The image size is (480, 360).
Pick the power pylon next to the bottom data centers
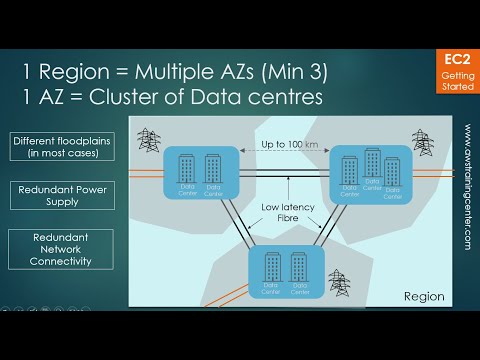tap(338, 278)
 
